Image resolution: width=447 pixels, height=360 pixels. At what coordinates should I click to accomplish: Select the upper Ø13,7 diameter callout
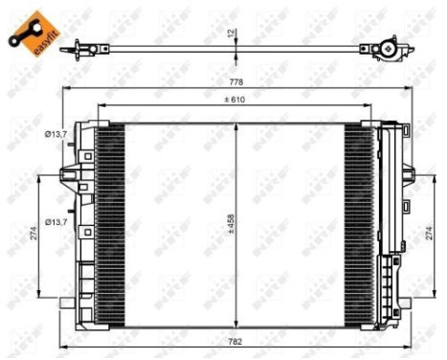point(56,135)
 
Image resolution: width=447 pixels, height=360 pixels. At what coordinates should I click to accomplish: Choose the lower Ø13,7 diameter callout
point(56,196)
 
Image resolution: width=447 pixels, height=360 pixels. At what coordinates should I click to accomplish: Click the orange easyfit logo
point(29,32)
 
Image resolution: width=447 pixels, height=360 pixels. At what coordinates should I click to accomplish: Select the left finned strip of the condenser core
point(111,218)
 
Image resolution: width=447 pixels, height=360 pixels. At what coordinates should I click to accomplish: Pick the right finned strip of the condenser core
point(361,218)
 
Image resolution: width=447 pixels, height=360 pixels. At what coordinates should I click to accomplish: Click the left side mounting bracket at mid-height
point(70,175)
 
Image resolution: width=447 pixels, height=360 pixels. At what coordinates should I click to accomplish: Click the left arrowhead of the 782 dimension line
point(64,346)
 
